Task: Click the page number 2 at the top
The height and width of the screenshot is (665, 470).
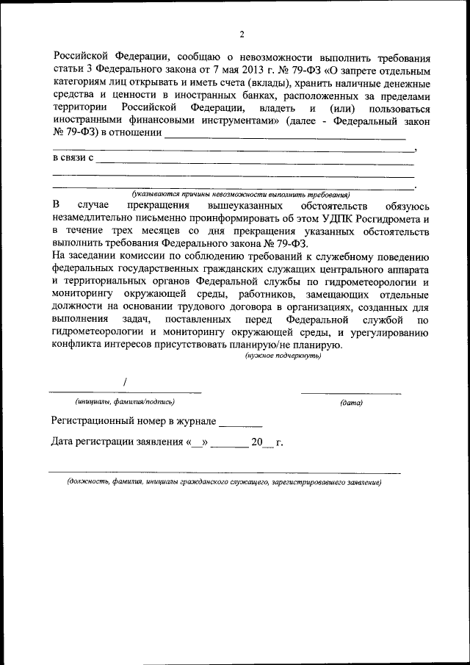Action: click(x=240, y=35)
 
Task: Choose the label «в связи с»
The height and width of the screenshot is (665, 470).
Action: click(x=73, y=158)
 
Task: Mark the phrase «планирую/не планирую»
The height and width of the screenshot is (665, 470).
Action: click(x=291, y=344)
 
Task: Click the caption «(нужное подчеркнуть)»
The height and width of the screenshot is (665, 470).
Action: click(x=283, y=356)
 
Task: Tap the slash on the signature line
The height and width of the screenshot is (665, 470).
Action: click(x=125, y=382)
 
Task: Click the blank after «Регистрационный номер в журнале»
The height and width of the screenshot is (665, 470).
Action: click(x=240, y=422)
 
